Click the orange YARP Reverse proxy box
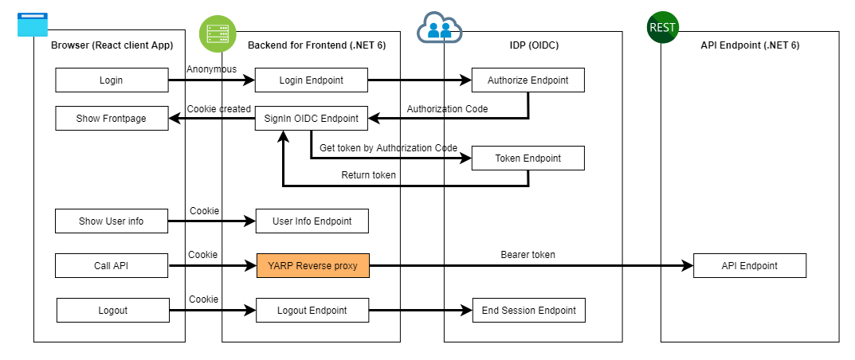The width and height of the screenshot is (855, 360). [312, 266]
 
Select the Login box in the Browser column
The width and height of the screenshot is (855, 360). [112, 80]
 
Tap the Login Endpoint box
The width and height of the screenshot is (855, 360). [312, 80]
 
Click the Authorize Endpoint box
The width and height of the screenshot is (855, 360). [528, 80]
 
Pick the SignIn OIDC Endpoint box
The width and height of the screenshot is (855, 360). [312, 119]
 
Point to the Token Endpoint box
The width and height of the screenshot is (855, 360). [528, 158]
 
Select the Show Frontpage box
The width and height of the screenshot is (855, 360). [112, 119]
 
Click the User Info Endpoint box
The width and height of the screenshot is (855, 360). [312, 221]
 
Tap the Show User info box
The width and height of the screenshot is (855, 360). [112, 221]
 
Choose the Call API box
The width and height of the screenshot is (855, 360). [112, 266]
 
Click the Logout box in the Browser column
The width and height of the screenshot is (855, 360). [113, 310]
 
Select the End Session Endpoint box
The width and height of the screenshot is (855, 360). [528, 310]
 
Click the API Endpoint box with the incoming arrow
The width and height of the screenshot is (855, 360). [749, 266]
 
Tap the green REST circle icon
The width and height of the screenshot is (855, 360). [662, 28]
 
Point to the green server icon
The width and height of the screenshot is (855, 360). [214, 32]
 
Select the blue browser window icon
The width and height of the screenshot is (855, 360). [33, 24]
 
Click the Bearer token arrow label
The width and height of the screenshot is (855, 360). [528, 255]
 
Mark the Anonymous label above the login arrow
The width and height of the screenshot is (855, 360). [211, 69]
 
